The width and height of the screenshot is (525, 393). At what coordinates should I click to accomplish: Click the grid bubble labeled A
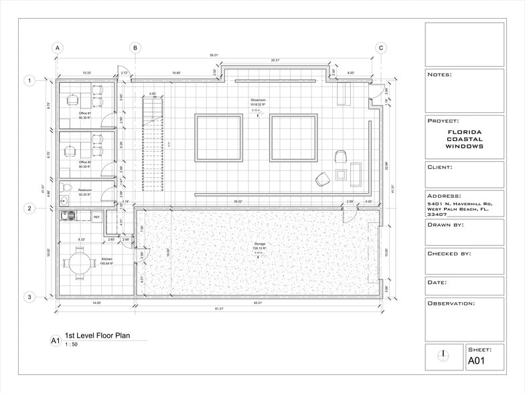click(x=58, y=48)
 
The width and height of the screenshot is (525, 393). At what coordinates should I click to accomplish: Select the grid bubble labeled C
click(x=380, y=48)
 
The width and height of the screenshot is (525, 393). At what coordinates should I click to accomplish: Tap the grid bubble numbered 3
click(x=29, y=297)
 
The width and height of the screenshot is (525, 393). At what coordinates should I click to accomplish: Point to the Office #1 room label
click(x=84, y=115)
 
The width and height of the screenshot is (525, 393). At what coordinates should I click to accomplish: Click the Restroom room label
click(x=84, y=190)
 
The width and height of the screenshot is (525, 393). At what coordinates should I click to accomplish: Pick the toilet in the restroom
click(x=64, y=199)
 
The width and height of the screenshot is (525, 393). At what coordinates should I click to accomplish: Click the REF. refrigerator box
click(x=96, y=217)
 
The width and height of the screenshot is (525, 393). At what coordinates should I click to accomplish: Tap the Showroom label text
click(x=258, y=101)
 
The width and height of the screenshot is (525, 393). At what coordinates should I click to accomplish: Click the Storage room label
click(x=259, y=244)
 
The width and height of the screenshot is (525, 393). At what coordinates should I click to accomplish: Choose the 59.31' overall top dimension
click(x=214, y=55)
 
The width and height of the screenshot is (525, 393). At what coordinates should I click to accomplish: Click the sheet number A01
click(x=476, y=362)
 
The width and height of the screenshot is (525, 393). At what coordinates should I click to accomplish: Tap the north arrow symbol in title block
click(x=443, y=355)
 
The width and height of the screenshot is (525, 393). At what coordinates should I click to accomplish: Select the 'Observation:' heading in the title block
click(x=451, y=303)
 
